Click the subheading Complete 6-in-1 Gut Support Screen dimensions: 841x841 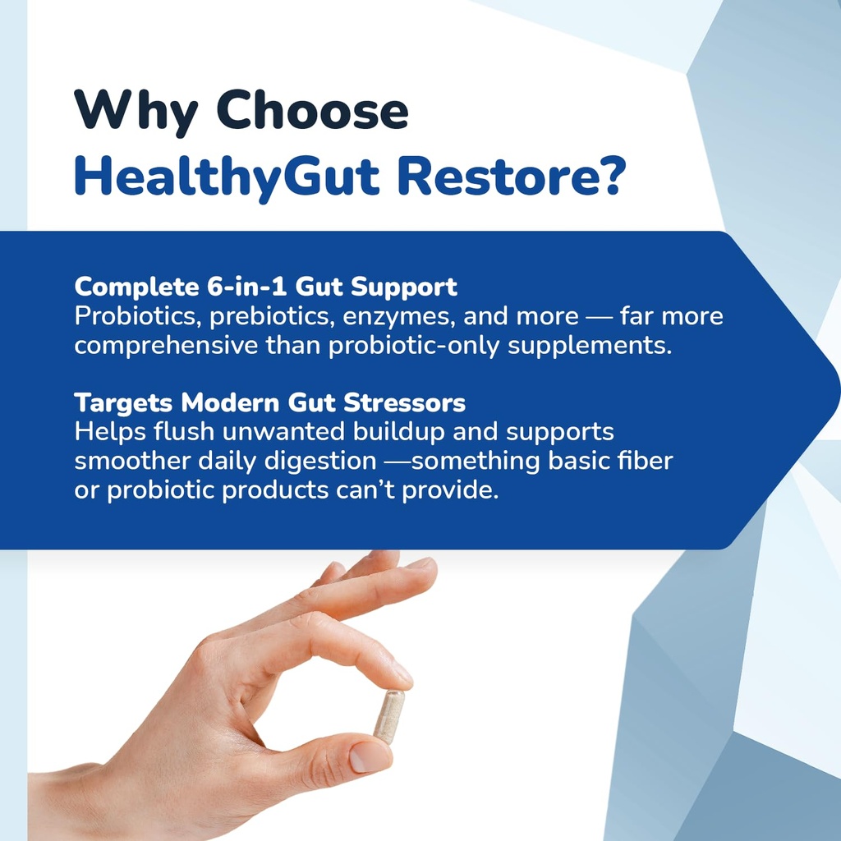click(265, 287)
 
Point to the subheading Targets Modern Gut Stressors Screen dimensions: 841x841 click(269, 403)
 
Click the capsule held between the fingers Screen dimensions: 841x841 click(388, 716)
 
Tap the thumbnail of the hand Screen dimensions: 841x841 click(370, 757)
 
